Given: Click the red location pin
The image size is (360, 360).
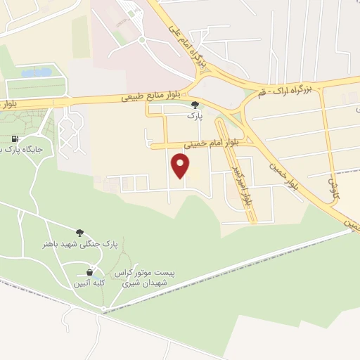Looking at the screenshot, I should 181,166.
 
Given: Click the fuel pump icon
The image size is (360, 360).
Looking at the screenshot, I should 16,139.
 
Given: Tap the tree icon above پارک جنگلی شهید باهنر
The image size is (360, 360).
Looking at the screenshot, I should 79,232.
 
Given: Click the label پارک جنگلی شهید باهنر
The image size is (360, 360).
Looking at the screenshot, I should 78,243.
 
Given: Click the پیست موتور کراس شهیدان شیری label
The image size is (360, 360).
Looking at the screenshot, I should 149,278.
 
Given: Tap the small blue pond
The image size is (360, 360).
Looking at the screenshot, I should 36,72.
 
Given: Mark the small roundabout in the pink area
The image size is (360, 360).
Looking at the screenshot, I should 141,39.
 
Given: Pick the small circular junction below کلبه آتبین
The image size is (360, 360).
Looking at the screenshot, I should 104,308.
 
